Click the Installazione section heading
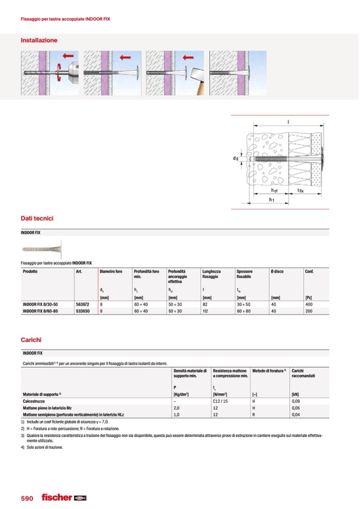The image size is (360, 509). click(x=39, y=40)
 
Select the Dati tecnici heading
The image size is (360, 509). click(x=37, y=218)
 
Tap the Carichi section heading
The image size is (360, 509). click(x=31, y=339)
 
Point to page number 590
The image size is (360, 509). click(x=27, y=498)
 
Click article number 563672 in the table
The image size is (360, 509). click(x=82, y=305)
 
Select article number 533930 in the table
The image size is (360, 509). click(x=82, y=311)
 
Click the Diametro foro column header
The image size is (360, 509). click(x=111, y=272)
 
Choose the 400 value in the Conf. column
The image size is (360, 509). click(x=308, y=305)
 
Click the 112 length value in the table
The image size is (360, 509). click(x=206, y=311)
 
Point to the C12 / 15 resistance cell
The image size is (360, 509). click(x=220, y=401)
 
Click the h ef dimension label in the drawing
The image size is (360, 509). click(x=274, y=190)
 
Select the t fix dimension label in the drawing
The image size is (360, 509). click(x=301, y=190)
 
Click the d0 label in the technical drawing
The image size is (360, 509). click(x=235, y=158)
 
